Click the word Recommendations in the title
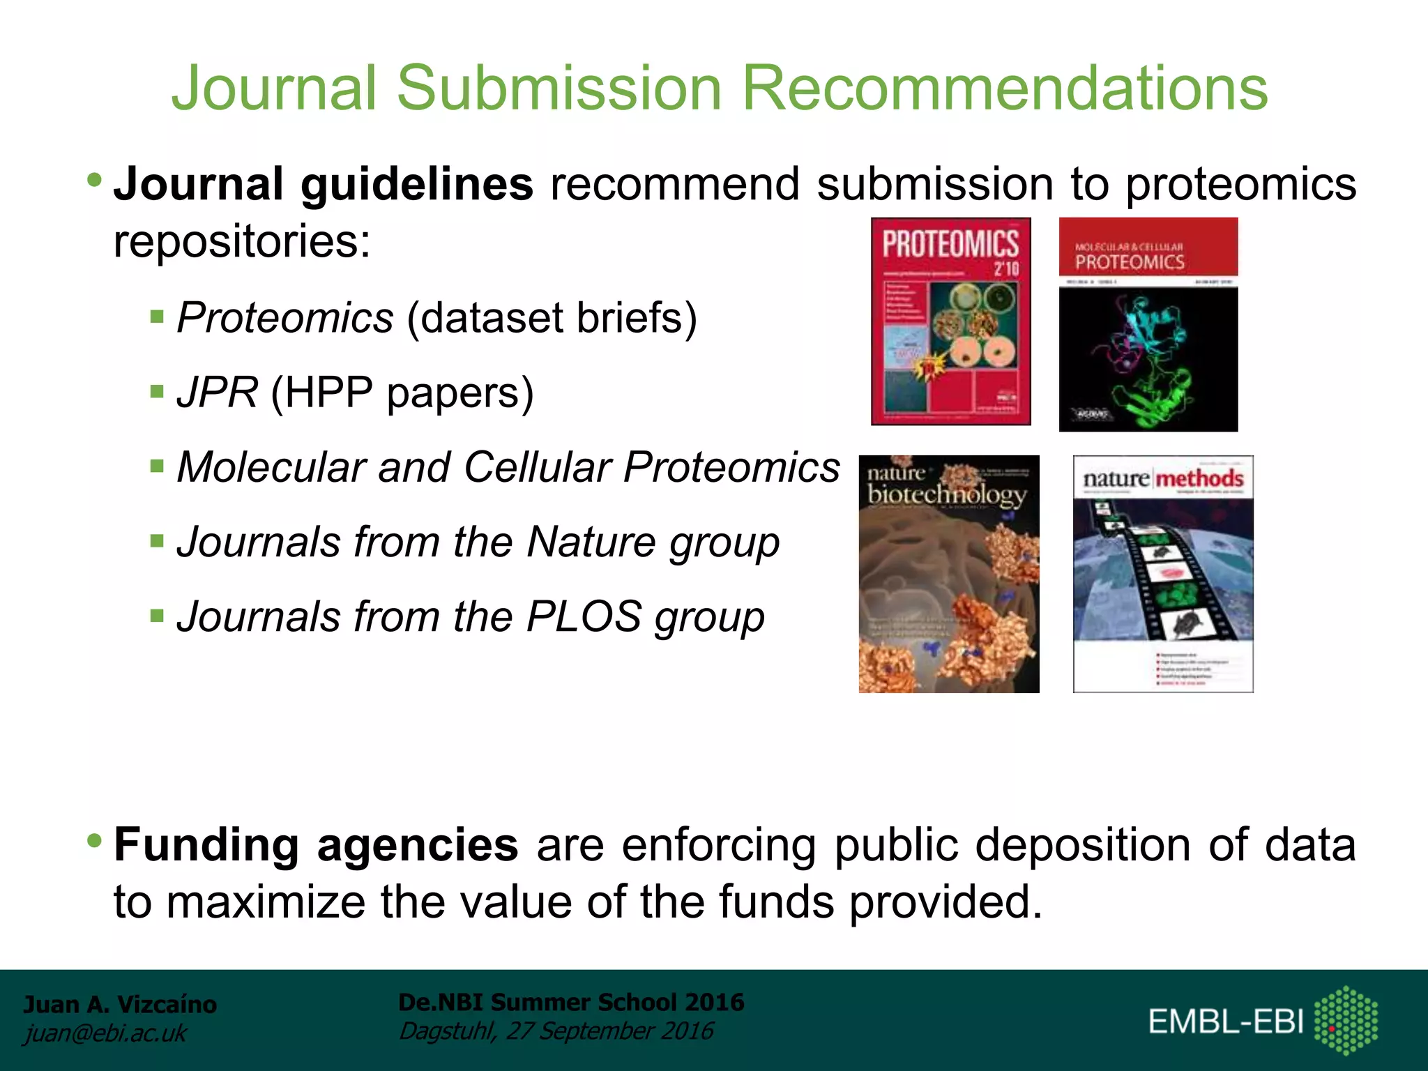[1004, 89]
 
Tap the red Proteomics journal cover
[950, 321]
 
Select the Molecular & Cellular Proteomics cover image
[1148, 324]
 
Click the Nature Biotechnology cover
[948, 574]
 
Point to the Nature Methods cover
[1162, 574]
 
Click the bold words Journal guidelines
[324, 184]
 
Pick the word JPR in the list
[217, 392]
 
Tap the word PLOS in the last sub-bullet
[583, 616]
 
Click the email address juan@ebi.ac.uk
[105, 1033]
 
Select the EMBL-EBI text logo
[1226, 1022]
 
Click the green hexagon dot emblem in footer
[1345, 1020]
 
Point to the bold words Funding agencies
[316, 845]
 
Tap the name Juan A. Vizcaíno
[120, 1004]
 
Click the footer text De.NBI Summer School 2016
[570, 1002]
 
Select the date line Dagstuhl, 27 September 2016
[556, 1031]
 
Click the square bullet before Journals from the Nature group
[157, 541]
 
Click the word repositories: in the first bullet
[242, 241]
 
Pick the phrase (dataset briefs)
[552, 318]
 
